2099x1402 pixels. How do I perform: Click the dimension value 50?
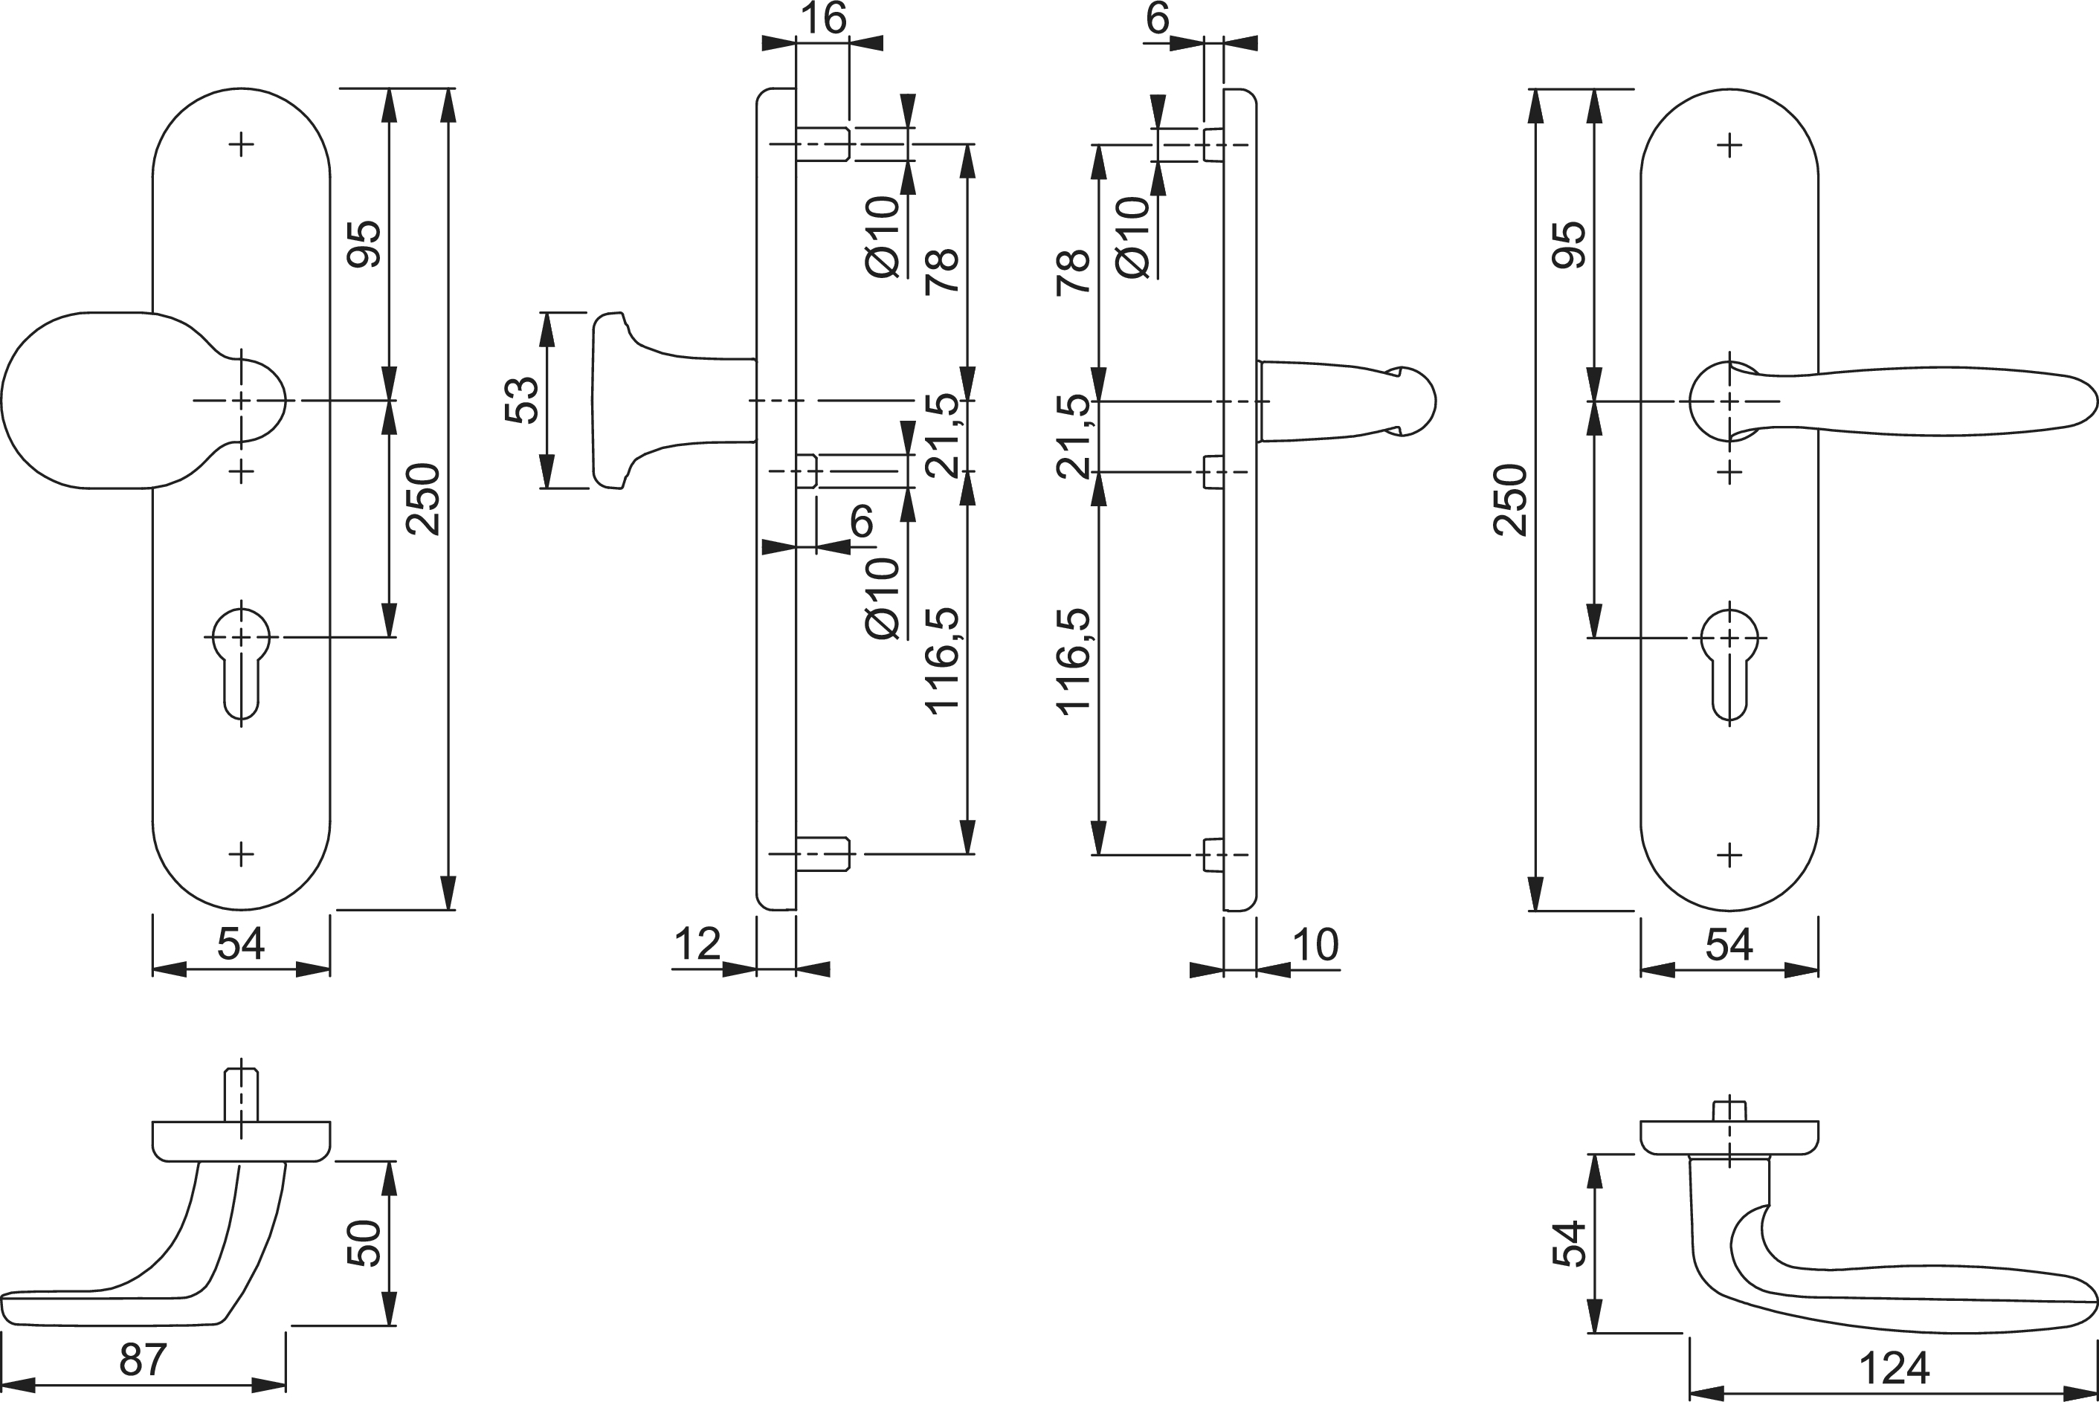364,1244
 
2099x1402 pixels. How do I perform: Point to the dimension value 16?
823,19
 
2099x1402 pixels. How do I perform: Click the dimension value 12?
697,945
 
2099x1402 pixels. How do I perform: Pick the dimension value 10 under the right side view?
1315,945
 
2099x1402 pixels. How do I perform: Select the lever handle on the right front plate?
1923,401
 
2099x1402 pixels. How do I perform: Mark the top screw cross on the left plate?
241,144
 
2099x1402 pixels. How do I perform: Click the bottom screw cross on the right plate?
1729,856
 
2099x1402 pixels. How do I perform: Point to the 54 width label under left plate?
241,945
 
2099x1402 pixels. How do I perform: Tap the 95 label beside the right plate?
1569,244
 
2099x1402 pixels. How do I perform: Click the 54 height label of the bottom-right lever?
1569,1244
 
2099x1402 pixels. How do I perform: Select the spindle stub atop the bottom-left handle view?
241,1094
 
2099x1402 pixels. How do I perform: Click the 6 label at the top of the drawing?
1156,19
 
